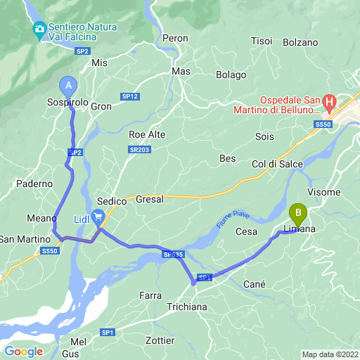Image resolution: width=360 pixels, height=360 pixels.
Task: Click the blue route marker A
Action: (x=69, y=86)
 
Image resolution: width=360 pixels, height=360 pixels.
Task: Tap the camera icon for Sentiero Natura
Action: (x=39, y=28)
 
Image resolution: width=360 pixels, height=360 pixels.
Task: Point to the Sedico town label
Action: (x=111, y=200)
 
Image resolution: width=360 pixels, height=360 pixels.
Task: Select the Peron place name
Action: (x=175, y=38)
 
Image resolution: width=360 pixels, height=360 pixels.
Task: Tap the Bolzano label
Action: (x=302, y=42)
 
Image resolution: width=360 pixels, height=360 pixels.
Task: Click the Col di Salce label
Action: (x=277, y=164)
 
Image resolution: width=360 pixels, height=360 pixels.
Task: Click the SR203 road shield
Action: (x=140, y=150)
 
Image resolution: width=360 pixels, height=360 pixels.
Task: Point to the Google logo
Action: (x=23, y=352)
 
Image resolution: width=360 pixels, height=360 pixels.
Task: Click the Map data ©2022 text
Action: (x=330, y=354)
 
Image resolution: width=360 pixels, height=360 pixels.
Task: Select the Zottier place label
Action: (x=159, y=340)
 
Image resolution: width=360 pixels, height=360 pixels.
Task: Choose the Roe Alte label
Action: (x=147, y=134)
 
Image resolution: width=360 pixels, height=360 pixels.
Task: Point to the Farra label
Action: (x=150, y=295)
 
